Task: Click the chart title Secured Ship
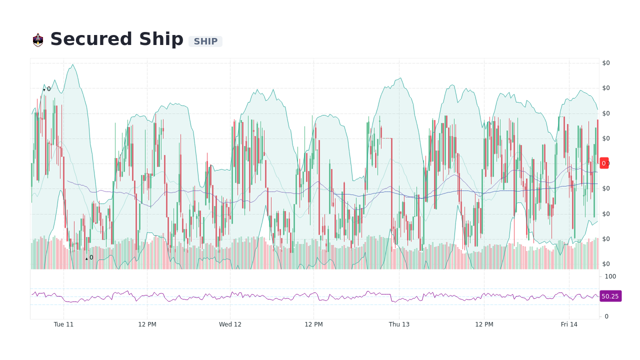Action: pyautogui.click(x=116, y=39)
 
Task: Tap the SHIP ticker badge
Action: pyautogui.click(x=205, y=41)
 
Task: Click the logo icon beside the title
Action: pyautogui.click(x=38, y=40)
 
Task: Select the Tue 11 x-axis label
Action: pyautogui.click(x=63, y=324)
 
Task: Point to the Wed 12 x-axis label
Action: pyautogui.click(x=230, y=324)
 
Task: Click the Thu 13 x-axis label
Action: pyautogui.click(x=399, y=324)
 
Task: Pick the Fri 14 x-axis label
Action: pyautogui.click(x=569, y=324)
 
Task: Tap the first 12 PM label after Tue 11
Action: pyautogui.click(x=147, y=324)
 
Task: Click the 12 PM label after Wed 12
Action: pyautogui.click(x=313, y=324)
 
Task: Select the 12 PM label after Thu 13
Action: pyautogui.click(x=484, y=324)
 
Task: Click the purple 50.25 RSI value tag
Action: pyautogui.click(x=610, y=296)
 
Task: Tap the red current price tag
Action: pyautogui.click(x=604, y=163)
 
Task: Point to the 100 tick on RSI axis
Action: pyautogui.click(x=610, y=276)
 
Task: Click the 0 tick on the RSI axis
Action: pyautogui.click(x=606, y=316)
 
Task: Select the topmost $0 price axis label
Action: pyautogui.click(x=606, y=63)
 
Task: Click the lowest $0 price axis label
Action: pyautogui.click(x=606, y=264)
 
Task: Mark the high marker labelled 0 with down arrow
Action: pyautogui.click(x=47, y=89)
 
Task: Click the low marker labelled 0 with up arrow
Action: pyautogui.click(x=89, y=257)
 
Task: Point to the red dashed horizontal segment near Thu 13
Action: pyautogui.click(x=386, y=138)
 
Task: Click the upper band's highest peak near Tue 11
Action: pyautogui.click(x=73, y=64)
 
